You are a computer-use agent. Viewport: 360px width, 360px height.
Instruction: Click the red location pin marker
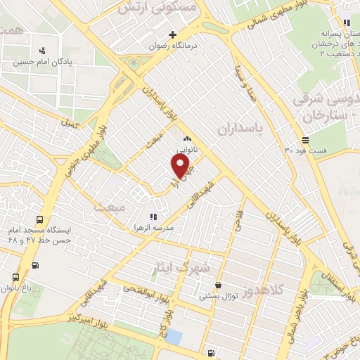pos(181,166)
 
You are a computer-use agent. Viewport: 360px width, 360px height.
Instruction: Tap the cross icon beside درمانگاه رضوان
pos(172,34)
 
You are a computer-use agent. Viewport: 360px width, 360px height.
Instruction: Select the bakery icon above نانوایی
pos(187,139)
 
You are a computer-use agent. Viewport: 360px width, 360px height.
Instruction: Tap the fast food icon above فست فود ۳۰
pos(304,139)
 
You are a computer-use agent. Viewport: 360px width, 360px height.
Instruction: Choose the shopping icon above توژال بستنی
pos(218,285)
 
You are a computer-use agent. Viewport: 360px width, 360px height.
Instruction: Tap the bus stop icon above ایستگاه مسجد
pos(39,219)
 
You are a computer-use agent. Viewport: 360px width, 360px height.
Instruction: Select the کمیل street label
pos(67,123)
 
